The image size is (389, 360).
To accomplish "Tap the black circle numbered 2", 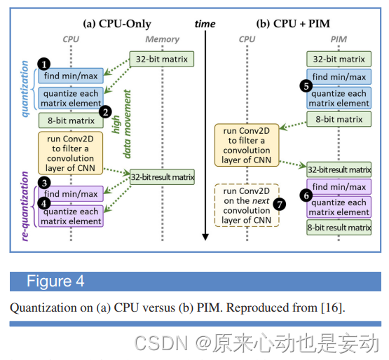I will pos(105,111).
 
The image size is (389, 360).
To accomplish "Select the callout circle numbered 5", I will pos(305,85).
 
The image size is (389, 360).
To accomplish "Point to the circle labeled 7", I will pos(280,204).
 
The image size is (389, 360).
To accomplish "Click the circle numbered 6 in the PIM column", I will pos(305,196).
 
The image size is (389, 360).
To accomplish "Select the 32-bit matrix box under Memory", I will pos(161,60).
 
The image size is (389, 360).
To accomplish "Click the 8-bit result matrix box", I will pos(339,228).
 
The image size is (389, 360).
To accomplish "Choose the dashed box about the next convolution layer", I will pos(247,205).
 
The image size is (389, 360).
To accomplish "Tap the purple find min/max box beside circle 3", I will pos(71,191).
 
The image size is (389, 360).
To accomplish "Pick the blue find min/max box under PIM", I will pos(339,77).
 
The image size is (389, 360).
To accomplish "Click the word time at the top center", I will pos(205,24).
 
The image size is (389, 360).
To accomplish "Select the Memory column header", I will pos(163,40).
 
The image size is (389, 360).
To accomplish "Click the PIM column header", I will pos(339,40).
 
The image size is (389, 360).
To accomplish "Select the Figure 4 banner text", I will pos(55,282).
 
